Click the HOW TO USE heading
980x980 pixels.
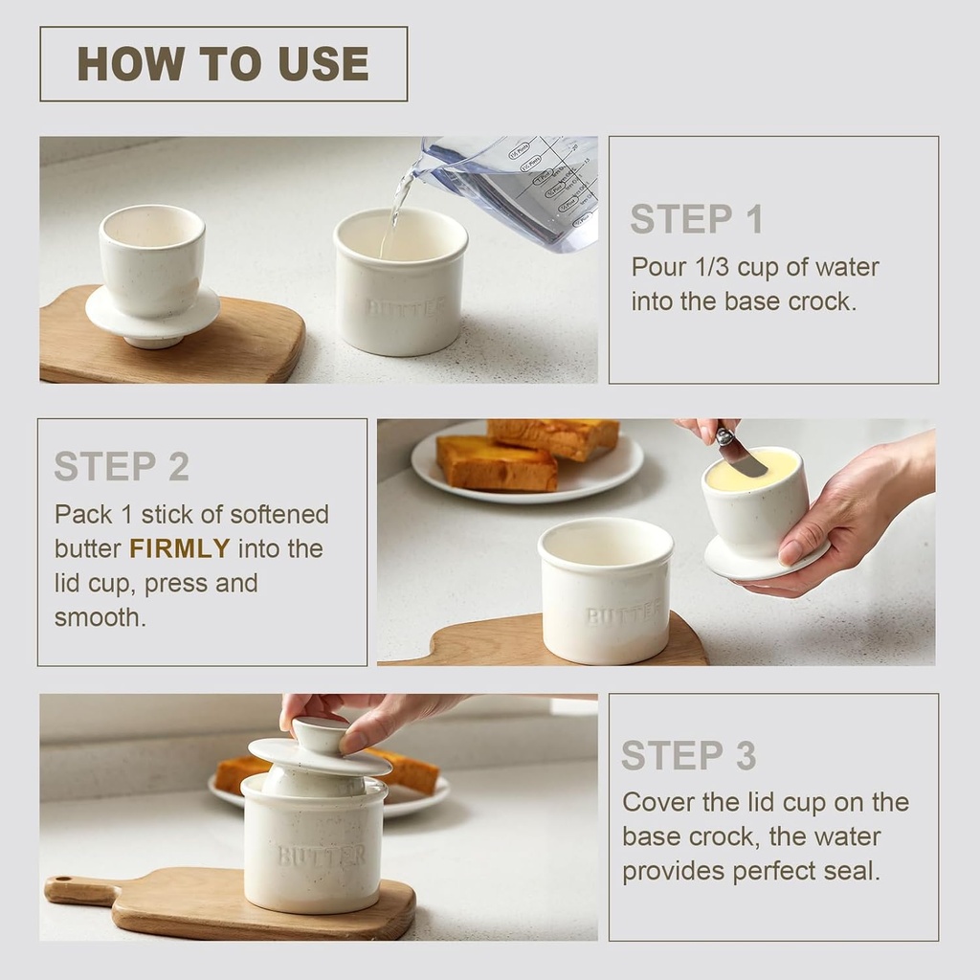pos(223,64)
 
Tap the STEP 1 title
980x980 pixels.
pos(696,219)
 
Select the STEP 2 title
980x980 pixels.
pos(122,466)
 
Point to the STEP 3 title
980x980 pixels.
pos(688,755)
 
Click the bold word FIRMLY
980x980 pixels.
pos(180,548)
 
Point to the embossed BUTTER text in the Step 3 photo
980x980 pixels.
pos(322,855)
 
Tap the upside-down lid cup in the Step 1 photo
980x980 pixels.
pos(152,273)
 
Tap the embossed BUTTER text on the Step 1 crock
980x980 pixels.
pos(406,308)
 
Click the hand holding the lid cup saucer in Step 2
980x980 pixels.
pos(842,522)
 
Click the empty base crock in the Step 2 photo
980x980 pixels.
pos(606,589)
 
